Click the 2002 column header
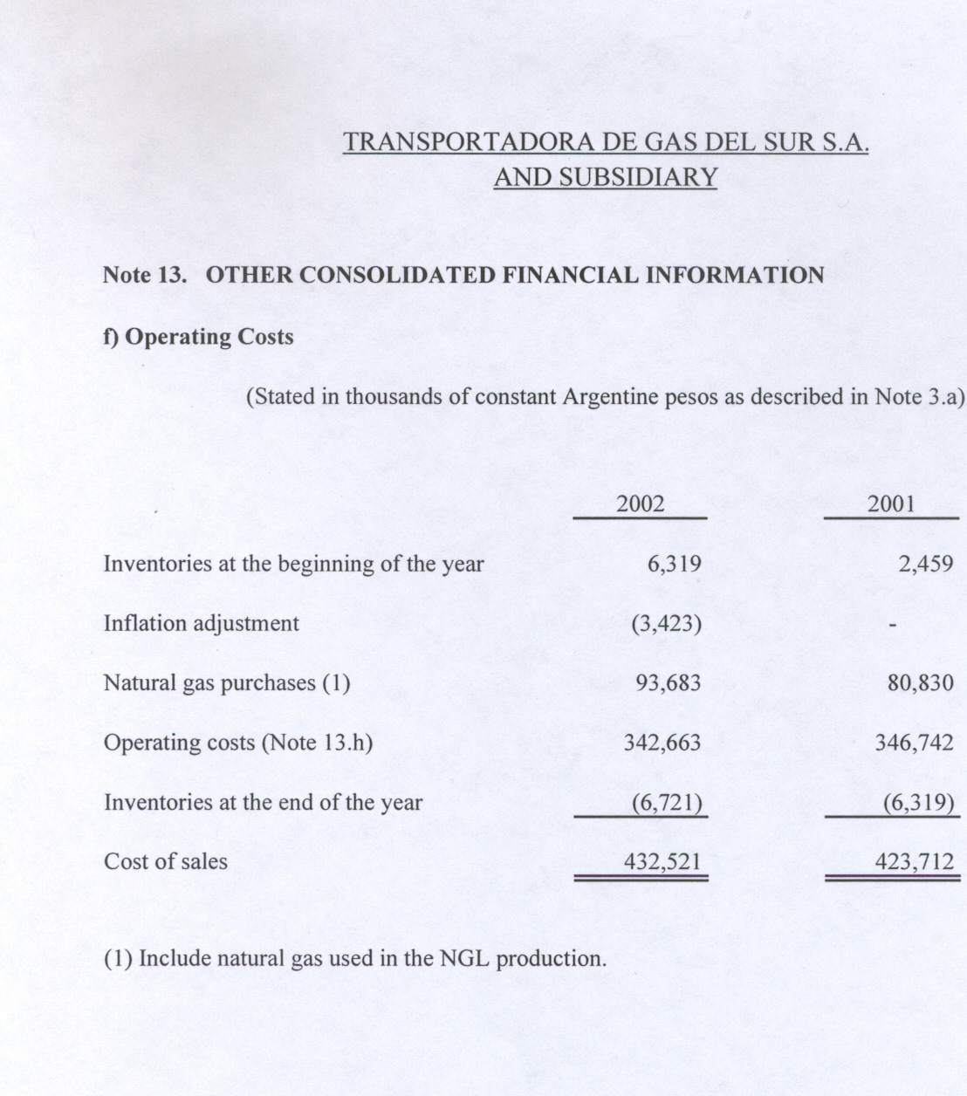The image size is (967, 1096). click(640, 504)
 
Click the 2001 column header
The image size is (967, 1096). click(891, 504)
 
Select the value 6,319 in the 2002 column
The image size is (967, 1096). click(674, 564)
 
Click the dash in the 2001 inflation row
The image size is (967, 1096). click(891, 625)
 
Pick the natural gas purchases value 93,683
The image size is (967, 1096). click(668, 682)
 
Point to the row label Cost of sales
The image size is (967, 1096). click(165, 862)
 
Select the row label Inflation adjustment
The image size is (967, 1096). click(201, 624)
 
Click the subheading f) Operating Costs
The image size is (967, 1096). click(198, 337)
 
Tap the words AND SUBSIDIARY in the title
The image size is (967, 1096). click(605, 177)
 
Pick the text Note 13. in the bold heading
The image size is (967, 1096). click(145, 276)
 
